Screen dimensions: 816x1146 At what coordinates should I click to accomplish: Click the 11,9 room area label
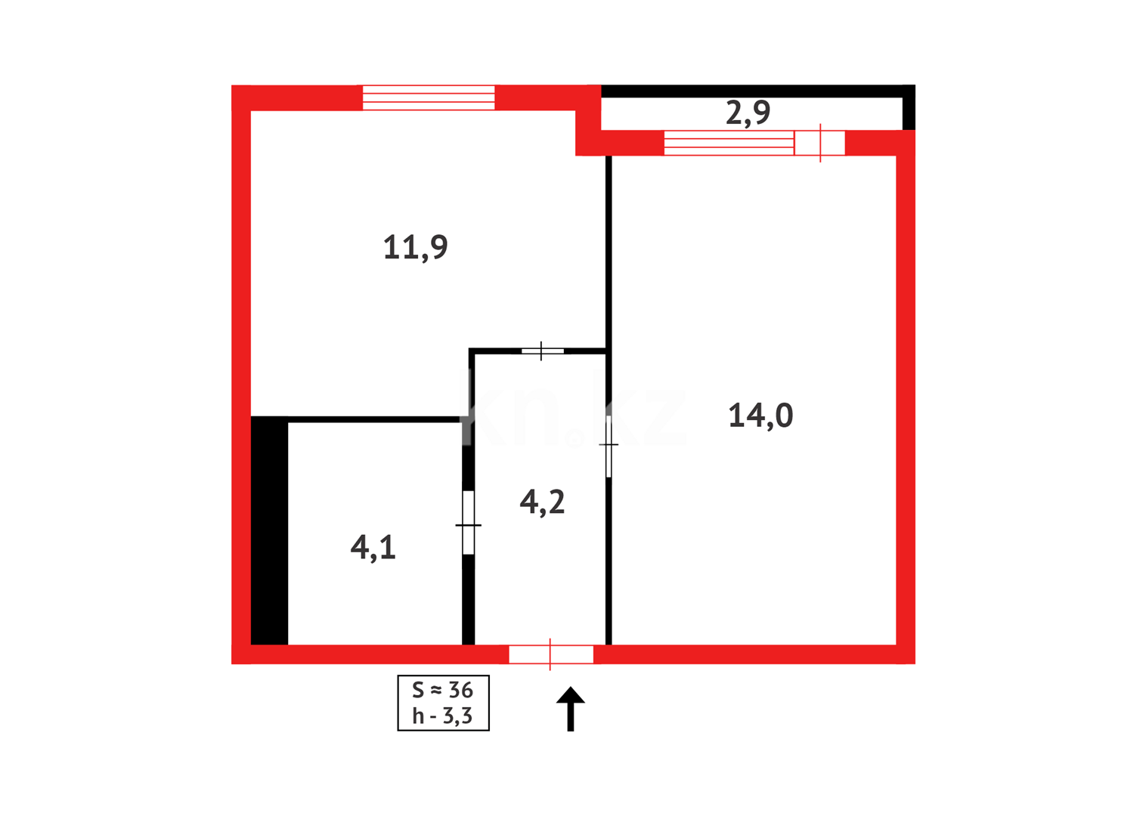tap(415, 248)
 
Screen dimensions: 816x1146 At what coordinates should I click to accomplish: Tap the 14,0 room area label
tap(760, 416)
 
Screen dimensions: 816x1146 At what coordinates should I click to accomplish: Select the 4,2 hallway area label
tap(542, 502)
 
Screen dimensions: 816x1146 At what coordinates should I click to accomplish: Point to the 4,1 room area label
tap(373, 547)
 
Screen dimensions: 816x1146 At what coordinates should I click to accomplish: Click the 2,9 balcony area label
tap(748, 113)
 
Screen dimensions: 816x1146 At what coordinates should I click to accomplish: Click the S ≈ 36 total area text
tap(442, 690)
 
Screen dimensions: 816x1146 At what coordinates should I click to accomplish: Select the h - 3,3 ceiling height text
tap(442, 716)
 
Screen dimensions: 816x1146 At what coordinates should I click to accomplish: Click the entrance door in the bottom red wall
tap(551, 654)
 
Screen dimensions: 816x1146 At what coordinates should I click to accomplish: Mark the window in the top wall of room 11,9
tap(429, 98)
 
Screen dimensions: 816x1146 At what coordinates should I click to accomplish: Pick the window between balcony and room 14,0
tap(729, 143)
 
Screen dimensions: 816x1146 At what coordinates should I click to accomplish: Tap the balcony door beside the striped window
tap(819, 143)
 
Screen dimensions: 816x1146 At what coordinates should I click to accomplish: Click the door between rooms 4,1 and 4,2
tap(469, 523)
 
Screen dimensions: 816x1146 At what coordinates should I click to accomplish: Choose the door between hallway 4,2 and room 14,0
tap(609, 446)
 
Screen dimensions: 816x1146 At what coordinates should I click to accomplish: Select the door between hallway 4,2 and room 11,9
tap(542, 351)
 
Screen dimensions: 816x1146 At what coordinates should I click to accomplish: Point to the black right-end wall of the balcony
tap(909, 108)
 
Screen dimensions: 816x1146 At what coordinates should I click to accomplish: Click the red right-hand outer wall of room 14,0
tap(906, 400)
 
